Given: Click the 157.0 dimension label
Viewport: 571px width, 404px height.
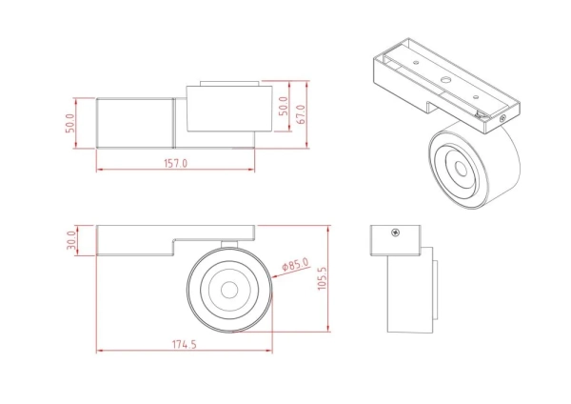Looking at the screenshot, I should (175, 163).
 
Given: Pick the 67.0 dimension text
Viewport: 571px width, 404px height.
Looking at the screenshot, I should (301, 115).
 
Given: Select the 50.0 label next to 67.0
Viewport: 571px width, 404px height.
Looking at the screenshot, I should (282, 107).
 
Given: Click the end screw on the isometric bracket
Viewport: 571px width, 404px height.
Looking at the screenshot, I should (503, 118).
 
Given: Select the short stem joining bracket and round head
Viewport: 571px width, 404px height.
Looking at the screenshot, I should (228, 242).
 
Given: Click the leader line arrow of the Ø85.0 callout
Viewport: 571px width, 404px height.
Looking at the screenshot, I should (267, 273).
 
